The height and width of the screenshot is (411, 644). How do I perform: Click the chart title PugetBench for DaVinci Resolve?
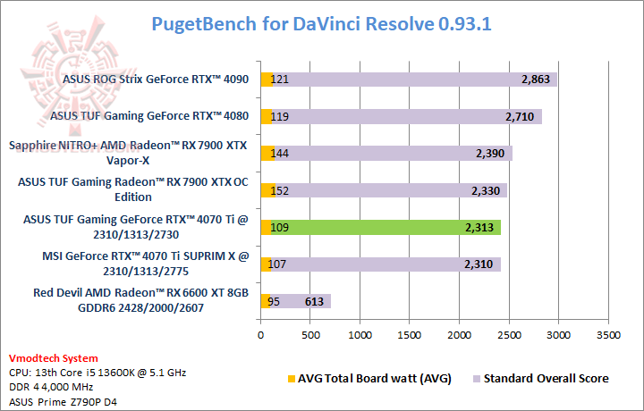[321, 24]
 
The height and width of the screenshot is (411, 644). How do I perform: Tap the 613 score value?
[314, 301]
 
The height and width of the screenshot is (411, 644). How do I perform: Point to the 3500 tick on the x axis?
[608, 336]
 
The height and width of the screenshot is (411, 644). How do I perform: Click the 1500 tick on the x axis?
[410, 336]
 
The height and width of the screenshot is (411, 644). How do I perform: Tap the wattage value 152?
[281, 190]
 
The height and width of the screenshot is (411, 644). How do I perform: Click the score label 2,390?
[495, 154]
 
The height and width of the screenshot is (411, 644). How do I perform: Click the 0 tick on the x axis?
[260, 336]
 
